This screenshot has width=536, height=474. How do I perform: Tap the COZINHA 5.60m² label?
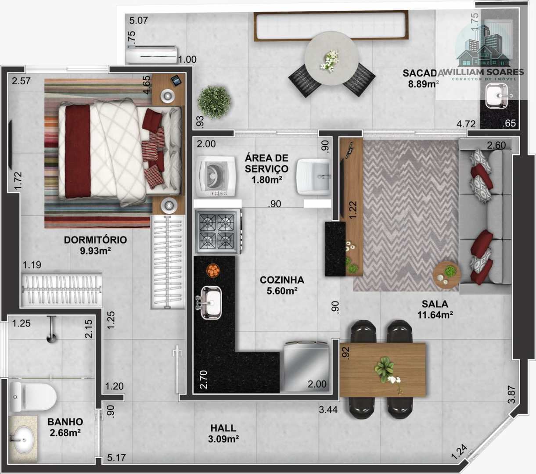[x=282, y=286]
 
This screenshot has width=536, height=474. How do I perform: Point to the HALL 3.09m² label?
[x=223, y=434]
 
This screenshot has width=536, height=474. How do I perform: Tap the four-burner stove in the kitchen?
[x=218, y=231]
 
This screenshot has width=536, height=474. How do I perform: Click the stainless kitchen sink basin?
[x=211, y=303]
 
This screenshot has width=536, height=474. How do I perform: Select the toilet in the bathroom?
[x=33, y=396]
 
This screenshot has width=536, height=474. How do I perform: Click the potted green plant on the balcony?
[x=214, y=102]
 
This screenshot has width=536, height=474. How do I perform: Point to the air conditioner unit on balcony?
[x=151, y=54]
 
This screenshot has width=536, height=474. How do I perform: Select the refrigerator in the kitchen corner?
[x=306, y=366]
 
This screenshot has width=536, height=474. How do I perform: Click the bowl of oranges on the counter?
[x=213, y=271]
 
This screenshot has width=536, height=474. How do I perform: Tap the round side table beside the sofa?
[x=446, y=275]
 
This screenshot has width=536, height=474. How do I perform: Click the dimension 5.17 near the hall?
[x=116, y=457]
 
